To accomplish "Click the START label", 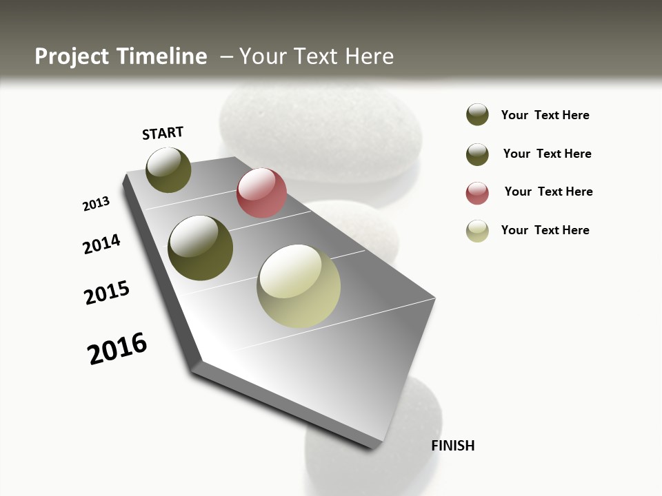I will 163,133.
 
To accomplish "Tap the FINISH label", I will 453,446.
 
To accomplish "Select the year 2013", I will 97,203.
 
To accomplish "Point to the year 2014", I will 102,244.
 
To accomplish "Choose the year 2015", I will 107,293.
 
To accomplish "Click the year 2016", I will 118,349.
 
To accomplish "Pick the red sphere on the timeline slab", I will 261,193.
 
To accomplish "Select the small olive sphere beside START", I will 168,169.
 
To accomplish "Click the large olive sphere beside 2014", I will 201,248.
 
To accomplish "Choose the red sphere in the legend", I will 477,193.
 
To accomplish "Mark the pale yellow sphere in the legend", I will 477,231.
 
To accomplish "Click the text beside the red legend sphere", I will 548,192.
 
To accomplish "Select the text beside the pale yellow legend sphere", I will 545,230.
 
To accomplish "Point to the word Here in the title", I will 369,56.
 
